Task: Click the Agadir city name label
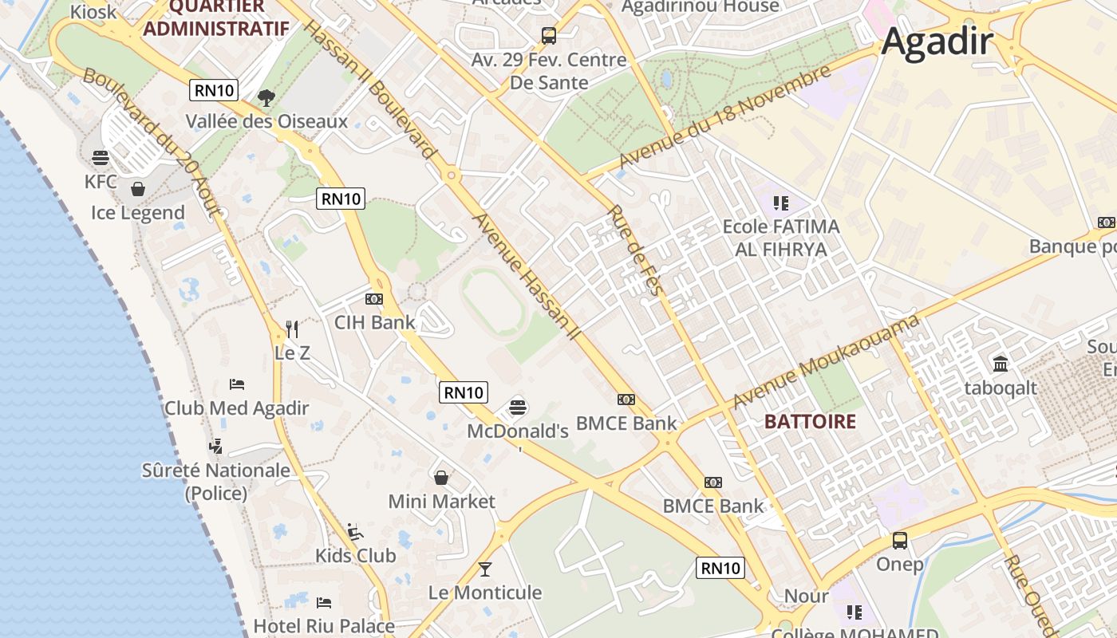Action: pos(937,41)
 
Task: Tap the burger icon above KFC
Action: pos(101,157)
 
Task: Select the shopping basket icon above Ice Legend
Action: pos(138,189)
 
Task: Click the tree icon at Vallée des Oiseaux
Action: pos(266,98)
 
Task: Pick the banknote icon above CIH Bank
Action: pos(374,299)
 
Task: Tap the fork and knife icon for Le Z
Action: pos(292,329)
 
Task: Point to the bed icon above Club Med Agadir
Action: pos(237,384)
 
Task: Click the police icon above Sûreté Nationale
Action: pos(215,446)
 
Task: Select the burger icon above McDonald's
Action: pos(518,408)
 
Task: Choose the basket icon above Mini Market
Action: pos(441,478)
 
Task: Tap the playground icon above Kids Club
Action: pos(355,532)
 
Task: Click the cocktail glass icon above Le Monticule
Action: pos(484,569)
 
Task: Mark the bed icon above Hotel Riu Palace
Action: pos(324,602)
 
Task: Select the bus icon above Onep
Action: pos(900,541)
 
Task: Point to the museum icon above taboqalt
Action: pos(1001,364)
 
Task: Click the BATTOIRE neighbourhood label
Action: pos(810,422)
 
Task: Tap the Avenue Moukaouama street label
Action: pos(826,361)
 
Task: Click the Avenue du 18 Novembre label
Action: pos(724,117)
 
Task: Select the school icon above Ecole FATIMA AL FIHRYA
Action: pos(780,203)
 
